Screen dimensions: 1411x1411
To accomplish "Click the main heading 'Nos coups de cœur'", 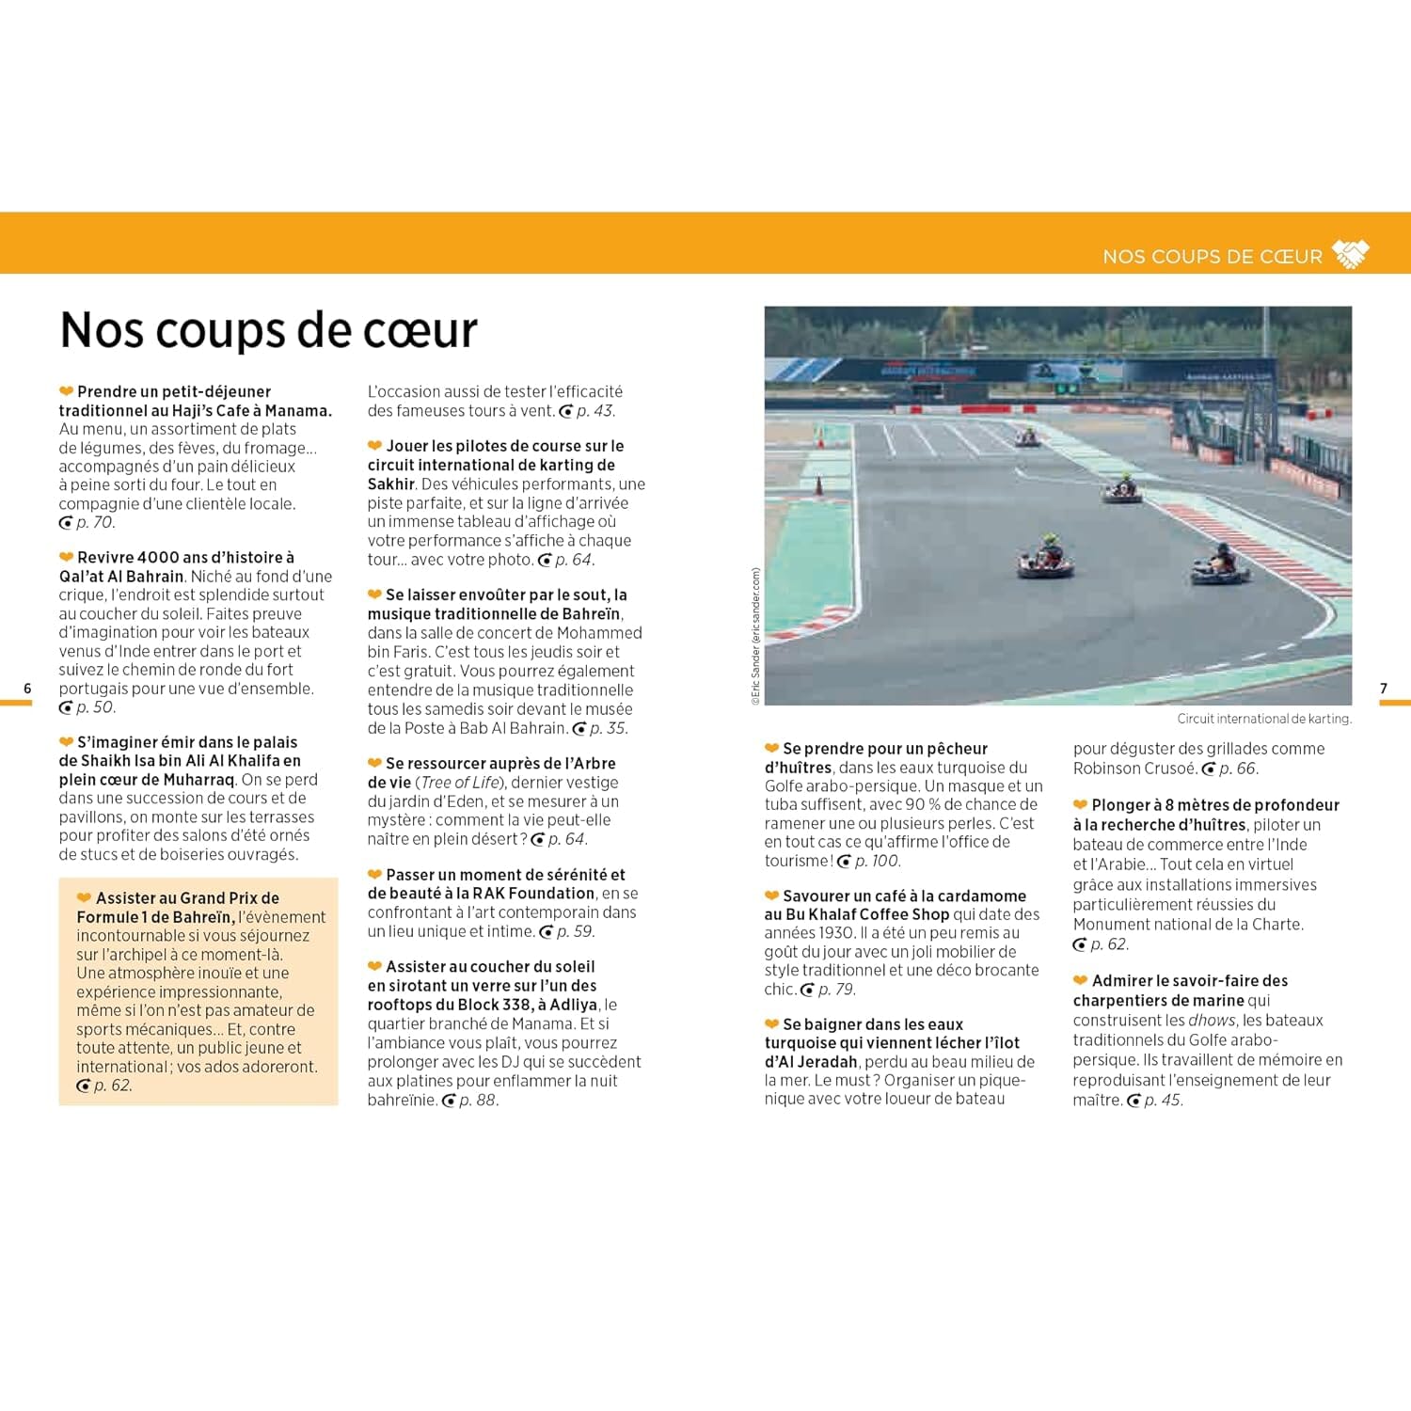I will click(268, 330).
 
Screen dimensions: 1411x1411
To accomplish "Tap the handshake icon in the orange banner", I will click(1351, 254).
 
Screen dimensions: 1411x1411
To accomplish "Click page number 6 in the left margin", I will click(27, 689).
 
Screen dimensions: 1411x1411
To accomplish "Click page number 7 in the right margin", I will click(1383, 689).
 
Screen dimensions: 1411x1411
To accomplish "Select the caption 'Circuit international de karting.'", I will click(1263, 719).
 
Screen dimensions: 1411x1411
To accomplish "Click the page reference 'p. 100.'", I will click(877, 861).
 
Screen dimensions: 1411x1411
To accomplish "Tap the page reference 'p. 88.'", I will click(478, 1101).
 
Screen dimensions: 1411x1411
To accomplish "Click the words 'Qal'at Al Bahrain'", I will click(121, 577).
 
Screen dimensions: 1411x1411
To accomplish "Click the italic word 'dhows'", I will click(1212, 1021).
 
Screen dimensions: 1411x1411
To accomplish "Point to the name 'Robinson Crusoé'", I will click(1134, 769).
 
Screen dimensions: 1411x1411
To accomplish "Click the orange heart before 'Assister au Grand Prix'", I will click(84, 898).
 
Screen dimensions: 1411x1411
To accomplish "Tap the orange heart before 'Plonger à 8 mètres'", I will click(1080, 805).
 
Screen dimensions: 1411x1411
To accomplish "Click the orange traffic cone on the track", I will click(818, 487).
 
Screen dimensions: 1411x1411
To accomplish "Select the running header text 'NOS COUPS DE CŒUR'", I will click(1212, 256).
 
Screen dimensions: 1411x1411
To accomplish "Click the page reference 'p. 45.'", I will click(1163, 1101).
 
